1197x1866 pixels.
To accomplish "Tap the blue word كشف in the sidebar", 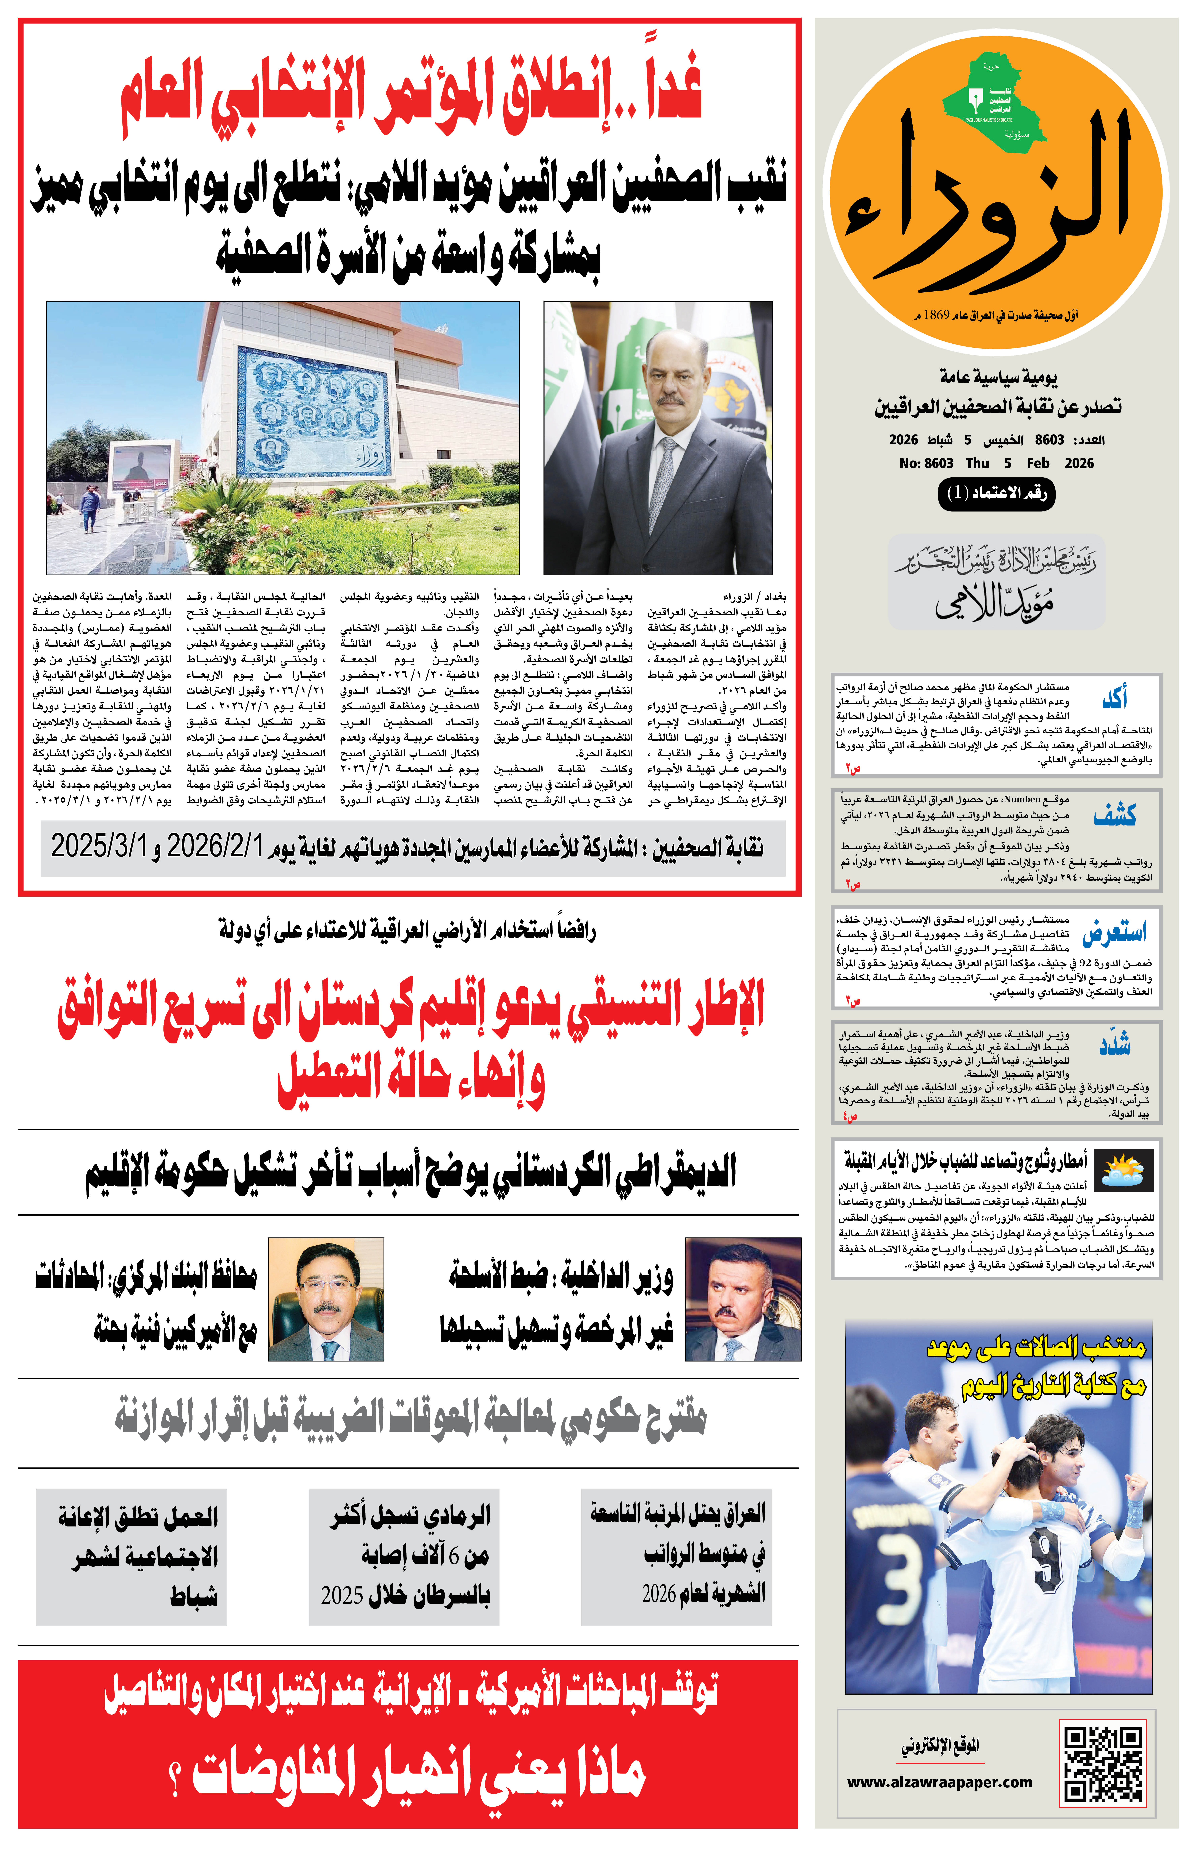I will [1115, 815].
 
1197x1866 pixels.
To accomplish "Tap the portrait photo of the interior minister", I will [742, 1299].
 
